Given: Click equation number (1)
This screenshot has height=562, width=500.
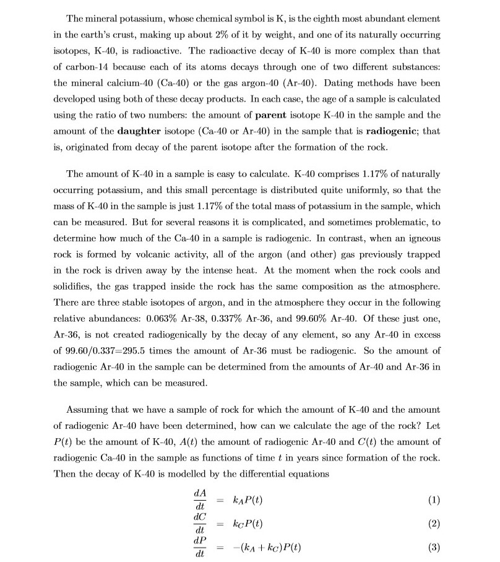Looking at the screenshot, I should click(433, 500).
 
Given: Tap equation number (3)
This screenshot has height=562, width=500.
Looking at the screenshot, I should click(433, 548).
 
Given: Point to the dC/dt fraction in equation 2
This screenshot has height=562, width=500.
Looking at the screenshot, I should click(200, 524).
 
